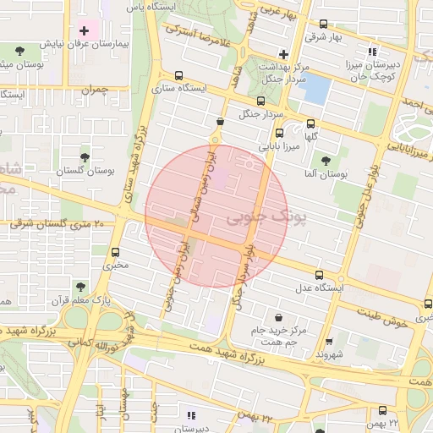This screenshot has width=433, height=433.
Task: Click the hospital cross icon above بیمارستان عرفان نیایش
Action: tap(83, 30)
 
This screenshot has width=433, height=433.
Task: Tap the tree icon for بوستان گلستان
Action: tap(84, 157)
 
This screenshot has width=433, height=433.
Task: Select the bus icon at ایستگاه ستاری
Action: tap(178, 74)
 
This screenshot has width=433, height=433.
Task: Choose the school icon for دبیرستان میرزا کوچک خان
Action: tap(372, 52)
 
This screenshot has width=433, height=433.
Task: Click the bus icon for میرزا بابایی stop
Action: tap(279, 133)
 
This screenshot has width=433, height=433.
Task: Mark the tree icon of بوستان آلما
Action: tap(326, 160)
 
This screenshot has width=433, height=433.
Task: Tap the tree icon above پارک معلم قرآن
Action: tap(79, 287)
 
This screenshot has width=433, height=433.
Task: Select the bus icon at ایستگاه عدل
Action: tap(319, 275)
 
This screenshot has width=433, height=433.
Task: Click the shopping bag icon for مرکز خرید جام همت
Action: tap(255, 317)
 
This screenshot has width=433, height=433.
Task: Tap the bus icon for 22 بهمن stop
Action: tap(372, 409)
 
